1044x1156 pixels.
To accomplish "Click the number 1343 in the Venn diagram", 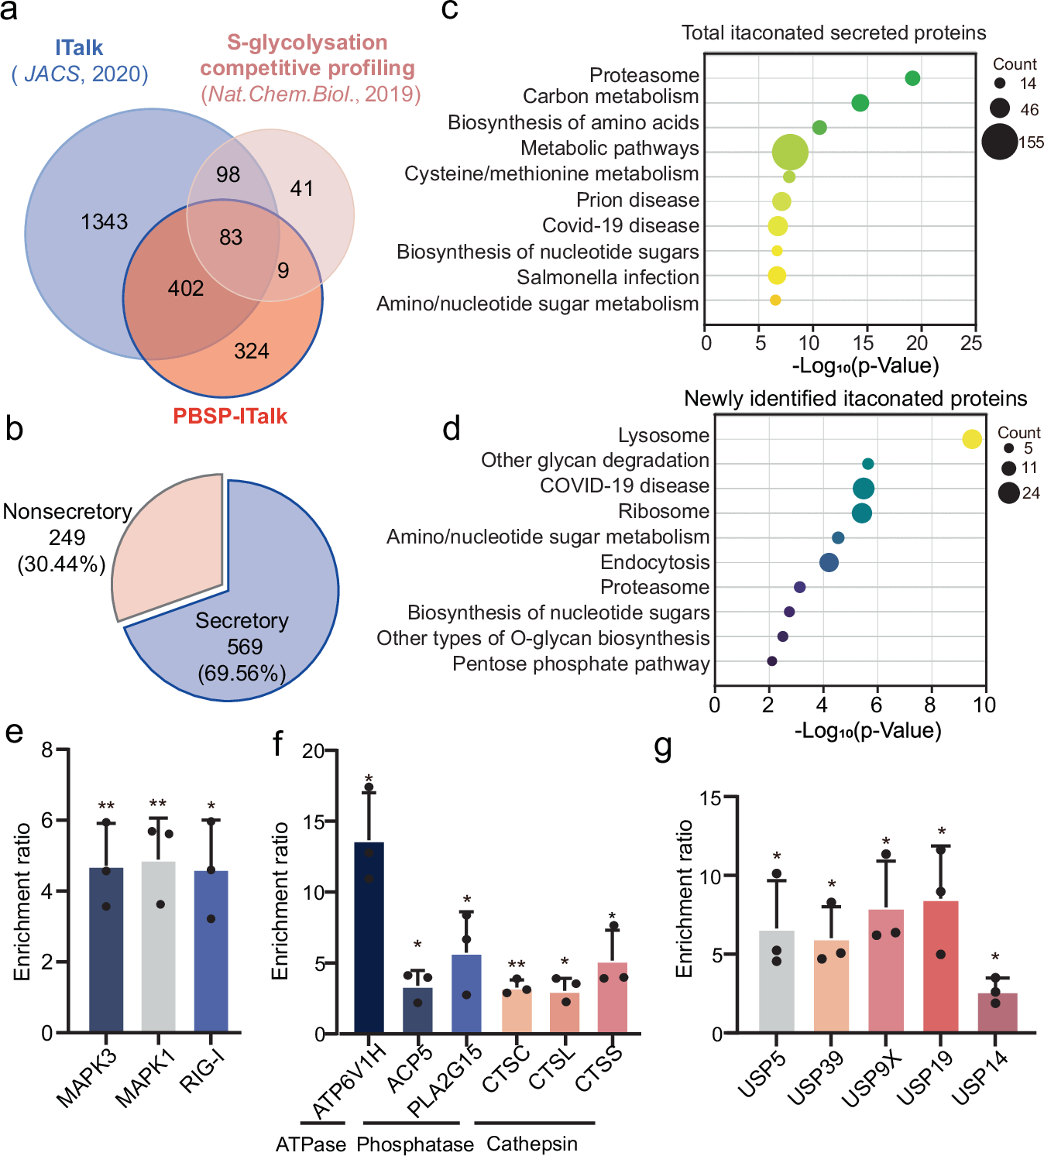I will pos(104,222).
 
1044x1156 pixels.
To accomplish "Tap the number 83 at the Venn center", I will pos(231,238).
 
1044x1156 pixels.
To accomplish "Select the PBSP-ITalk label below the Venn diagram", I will pos(230,417).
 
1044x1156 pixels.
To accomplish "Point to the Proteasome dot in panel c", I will pos(912,78).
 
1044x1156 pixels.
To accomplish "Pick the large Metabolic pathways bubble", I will pos(790,152).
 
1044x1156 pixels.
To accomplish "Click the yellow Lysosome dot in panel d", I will pos(972,439).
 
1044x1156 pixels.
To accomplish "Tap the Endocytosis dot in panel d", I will pos(829,563).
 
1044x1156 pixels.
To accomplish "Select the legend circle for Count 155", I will pos(999,142).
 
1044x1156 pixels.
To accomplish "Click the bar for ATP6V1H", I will pos(369,937).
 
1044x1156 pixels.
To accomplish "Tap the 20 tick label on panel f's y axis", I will pos(313,751).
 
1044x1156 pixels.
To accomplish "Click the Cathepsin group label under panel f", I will pos(532,1144).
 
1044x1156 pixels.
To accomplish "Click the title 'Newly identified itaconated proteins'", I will pos(855,399).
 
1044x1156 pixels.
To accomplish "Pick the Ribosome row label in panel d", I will pos(664,512).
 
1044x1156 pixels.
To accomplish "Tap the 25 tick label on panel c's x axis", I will pos(970,343).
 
